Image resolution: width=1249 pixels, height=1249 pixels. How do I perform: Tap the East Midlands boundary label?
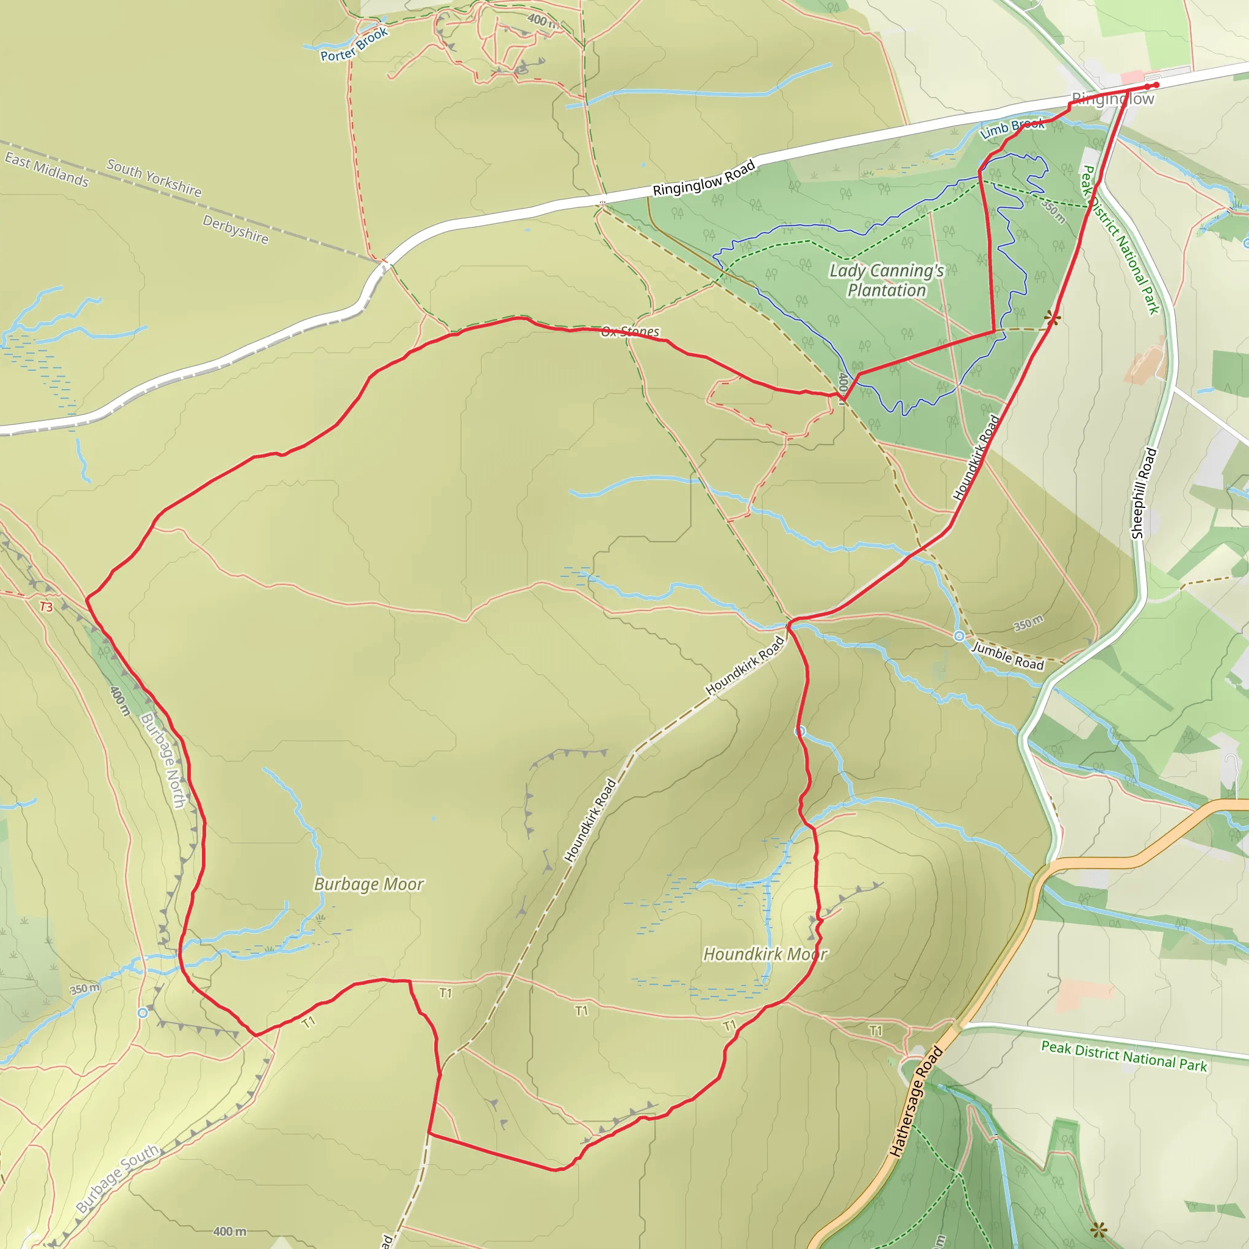pyautogui.click(x=46, y=170)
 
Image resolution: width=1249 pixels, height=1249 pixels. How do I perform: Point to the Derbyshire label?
pyautogui.click(x=235, y=229)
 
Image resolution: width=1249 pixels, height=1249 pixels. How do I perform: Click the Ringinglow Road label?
pyautogui.click(x=704, y=178)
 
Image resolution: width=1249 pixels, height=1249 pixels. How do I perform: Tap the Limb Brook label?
pyautogui.click(x=1012, y=128)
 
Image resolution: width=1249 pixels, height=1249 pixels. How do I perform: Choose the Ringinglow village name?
pyautogui.click(x=1112, y=99)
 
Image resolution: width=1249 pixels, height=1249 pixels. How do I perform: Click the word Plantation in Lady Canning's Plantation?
pyautogui.click(x=886, y=290)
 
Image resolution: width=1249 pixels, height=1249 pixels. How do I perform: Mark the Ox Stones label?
pyautogui.click(x=631, y=332)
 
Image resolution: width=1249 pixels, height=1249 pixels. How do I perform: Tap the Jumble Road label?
pyautogui.click(x=1008, y=656)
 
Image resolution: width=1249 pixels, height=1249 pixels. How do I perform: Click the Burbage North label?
pyautogui.click(x=163, y=760)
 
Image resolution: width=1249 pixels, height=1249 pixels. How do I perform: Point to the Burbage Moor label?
pyautogui.click(x=369, y=884)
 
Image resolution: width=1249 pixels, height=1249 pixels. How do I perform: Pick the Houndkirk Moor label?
pyautogui.click(x=765, y=954)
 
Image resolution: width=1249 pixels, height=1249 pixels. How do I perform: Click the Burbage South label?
pyautogui.click(x=118, y=1178)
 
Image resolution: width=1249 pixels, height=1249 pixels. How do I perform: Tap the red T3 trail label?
pyautogui.click(x=46, y=606)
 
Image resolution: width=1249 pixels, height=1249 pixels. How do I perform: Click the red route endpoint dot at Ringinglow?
pyautogui.click(x=1156, y=85)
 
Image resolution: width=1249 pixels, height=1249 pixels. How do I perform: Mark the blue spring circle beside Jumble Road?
pyautogui.click(x=959, y=636)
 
